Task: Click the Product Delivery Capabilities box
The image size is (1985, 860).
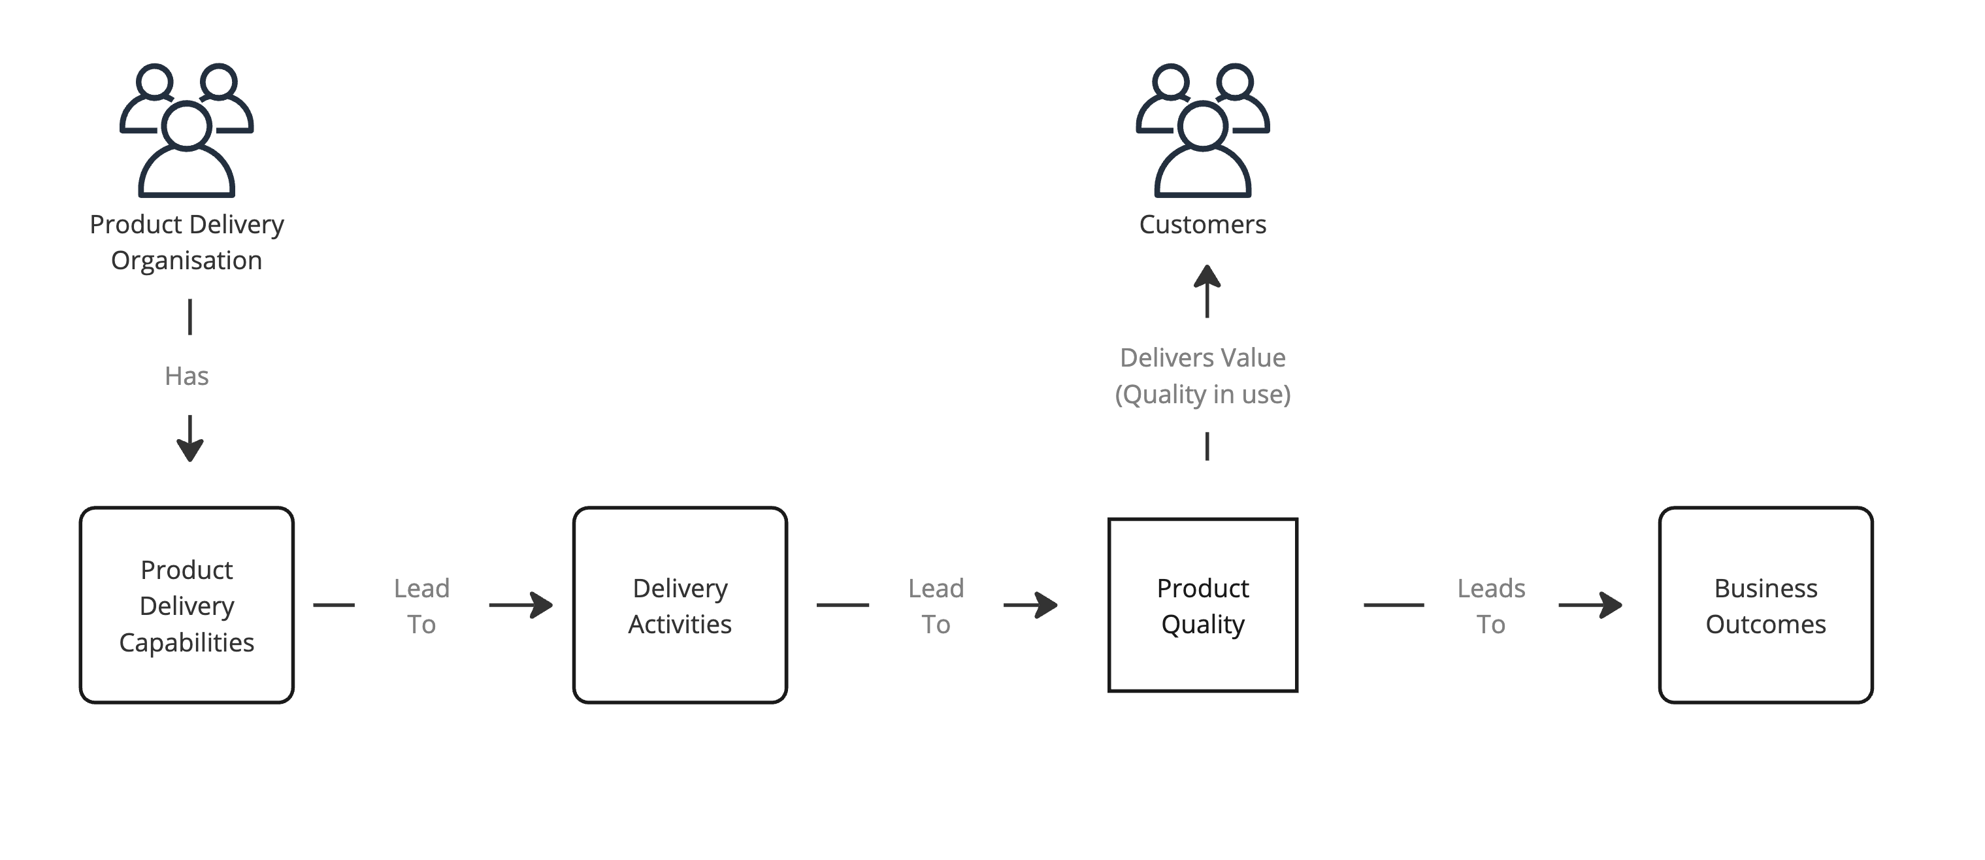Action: click(186, 605)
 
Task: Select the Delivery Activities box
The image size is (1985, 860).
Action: click(680, 605)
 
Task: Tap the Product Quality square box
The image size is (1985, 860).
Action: click(1202, 605)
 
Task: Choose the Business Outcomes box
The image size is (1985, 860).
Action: click(1765, 605)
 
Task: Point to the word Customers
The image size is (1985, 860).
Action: click(1202, 224)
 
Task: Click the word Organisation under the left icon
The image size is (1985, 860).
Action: click(186, 261)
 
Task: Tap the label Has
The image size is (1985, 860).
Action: click(186, 376)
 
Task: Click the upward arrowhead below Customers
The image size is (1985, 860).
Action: click(1207, 278)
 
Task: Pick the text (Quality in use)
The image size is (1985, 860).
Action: click(1202, 395)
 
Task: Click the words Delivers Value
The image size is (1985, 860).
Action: click(1202, 357)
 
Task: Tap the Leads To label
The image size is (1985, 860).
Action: click(1490, 606)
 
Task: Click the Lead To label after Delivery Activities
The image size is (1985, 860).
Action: click(936, 606)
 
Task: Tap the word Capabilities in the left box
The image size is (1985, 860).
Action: click(186, 642)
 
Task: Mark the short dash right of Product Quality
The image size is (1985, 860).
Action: click(1393, 605)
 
